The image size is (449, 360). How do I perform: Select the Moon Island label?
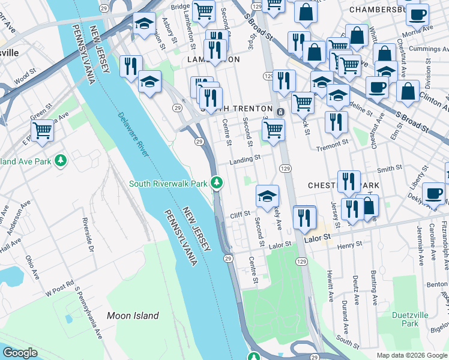(133, 316)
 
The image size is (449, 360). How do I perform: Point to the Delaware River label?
(133, 134)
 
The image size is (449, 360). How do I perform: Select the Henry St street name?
(351, 245)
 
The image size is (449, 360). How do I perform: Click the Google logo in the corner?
(20, 353)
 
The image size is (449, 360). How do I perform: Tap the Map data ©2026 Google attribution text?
(412, 355)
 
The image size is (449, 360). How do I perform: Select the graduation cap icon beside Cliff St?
(268, 195)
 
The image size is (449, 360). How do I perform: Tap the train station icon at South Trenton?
(280, 112)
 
